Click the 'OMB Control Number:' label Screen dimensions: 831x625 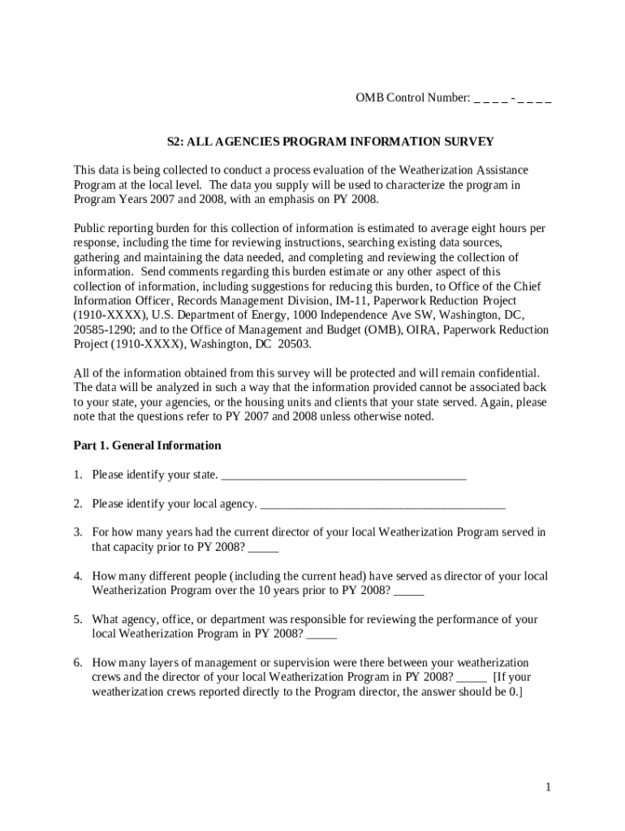coord(412,98)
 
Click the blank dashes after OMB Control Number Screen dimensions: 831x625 coord(513,98)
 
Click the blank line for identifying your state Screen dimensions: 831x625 coord(343,475)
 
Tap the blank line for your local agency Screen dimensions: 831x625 coord(382,504)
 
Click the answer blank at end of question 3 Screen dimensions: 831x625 coord(265,547)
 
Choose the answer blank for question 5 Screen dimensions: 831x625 coord(322,634)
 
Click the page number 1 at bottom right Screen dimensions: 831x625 coord(549,787)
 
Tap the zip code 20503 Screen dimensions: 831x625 coord(295,345)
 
